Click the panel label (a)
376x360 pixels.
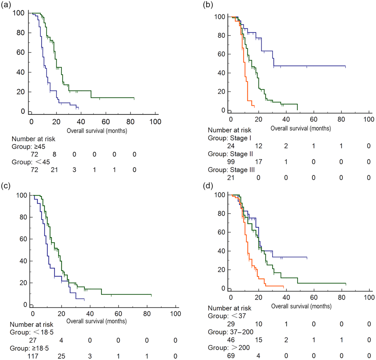pos(6,5)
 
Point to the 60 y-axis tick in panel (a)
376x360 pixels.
pos(17,53)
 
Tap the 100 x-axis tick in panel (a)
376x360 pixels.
pos(155,122)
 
